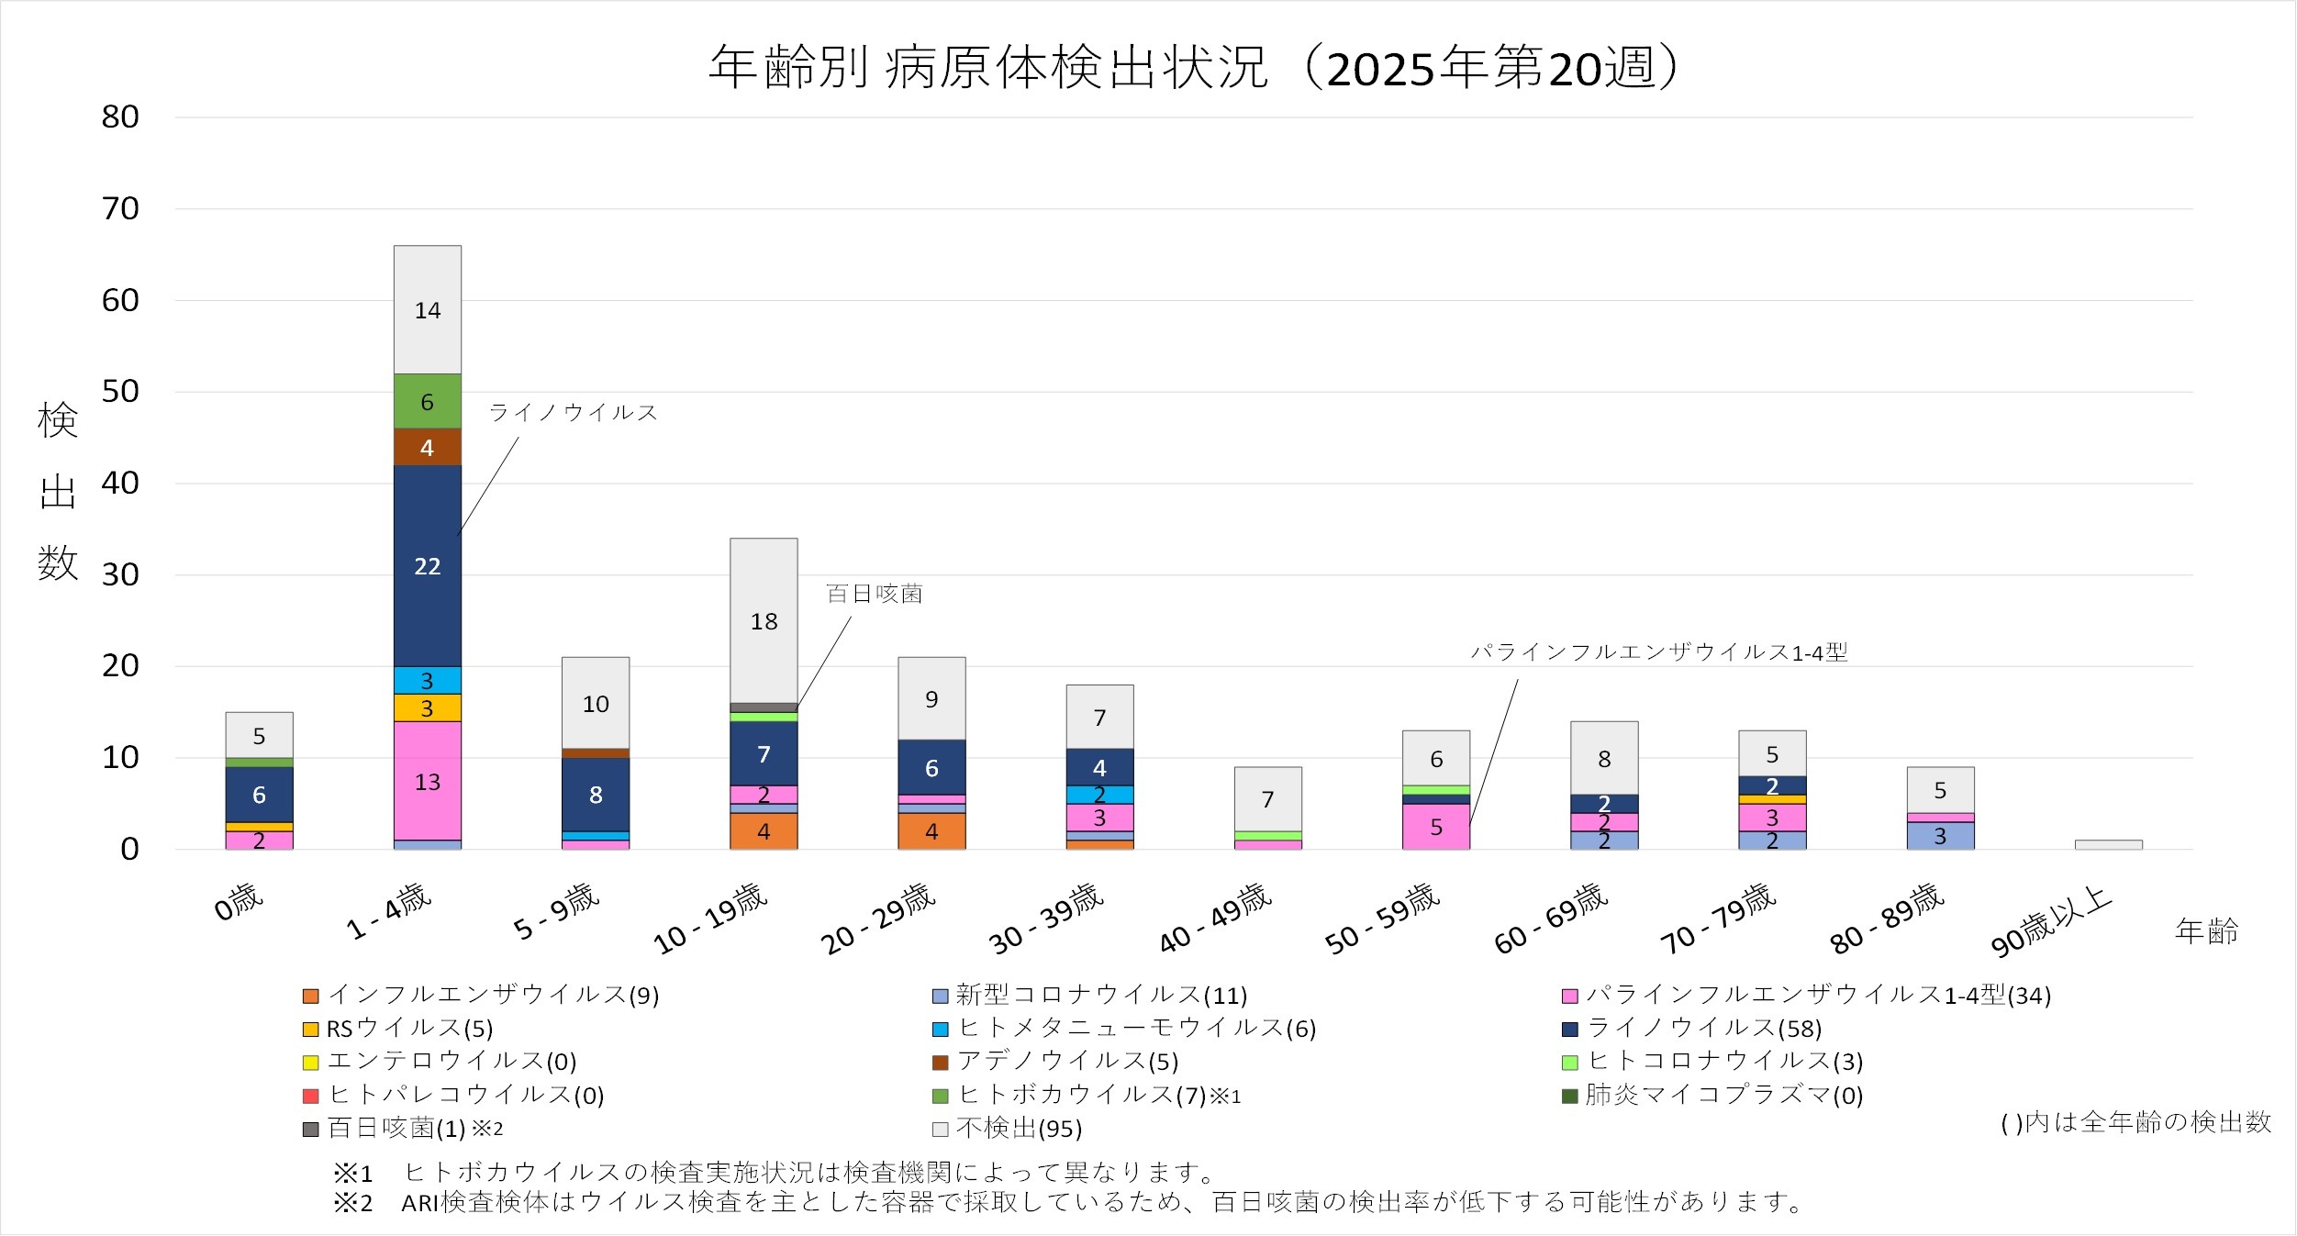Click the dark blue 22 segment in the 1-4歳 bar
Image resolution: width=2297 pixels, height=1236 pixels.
tap(427, 565)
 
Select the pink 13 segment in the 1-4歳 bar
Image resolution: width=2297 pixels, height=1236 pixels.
tap(427, 781)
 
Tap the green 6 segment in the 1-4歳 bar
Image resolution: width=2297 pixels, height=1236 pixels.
tap(427, 401)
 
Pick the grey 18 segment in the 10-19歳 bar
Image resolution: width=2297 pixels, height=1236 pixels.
tap(764, 620)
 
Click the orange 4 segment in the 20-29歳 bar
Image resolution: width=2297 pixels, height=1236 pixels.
tap(931, 831)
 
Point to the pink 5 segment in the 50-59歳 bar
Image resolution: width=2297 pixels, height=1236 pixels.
tap(1435, 827)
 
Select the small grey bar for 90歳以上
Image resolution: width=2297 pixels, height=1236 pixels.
tap(2108, 844)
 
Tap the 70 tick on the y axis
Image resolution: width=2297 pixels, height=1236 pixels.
tap(120, 209)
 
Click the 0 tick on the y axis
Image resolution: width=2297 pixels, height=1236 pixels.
tap(129, 850)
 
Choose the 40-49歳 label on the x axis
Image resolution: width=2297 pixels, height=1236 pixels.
tap(1215, 919)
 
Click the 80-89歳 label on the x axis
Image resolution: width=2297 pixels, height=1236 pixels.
tap(1887, 919)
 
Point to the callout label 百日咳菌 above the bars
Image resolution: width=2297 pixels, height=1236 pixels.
tap(874, 595)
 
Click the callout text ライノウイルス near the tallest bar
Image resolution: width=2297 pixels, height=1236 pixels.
tap(574, 413)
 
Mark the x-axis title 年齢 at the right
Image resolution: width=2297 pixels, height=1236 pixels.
tap(2206, 932)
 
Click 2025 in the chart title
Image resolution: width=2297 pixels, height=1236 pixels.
tap(1381, 69)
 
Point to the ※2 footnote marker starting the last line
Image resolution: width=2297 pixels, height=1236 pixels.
tap(353, 1203)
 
